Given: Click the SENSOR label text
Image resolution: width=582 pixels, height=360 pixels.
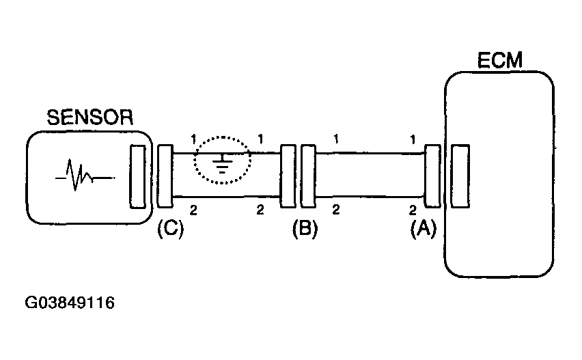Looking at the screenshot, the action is (89, 117).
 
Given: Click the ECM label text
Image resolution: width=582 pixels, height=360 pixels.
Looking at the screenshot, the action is (499, 61).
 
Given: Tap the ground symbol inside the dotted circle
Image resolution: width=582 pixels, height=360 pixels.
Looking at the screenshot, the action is (222, 163).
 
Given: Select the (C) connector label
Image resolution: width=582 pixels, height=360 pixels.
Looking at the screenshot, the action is (170, 229).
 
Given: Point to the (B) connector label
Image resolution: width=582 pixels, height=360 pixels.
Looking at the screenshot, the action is (305, 229).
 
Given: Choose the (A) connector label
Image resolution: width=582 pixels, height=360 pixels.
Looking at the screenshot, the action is (424, 229).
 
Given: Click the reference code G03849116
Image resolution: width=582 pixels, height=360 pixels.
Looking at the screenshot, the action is (70, 303).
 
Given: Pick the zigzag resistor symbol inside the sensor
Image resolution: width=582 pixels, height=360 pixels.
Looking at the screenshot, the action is (85, 175).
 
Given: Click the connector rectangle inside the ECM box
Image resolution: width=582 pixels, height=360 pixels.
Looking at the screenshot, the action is (460, 176).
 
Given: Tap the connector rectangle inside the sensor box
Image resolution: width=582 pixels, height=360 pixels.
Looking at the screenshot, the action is (137, 177).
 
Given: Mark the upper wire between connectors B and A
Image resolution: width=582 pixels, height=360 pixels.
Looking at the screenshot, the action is (370, 153).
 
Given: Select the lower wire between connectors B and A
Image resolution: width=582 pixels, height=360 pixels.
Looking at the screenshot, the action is (370, 197).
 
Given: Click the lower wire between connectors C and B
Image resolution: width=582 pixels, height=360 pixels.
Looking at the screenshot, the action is (226, 197).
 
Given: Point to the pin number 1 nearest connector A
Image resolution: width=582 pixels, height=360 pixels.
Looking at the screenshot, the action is (413, 139).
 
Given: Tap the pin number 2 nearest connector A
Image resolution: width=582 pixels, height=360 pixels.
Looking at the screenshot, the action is (413, 210).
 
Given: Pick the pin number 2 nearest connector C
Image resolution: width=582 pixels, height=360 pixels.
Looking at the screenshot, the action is (193, 210).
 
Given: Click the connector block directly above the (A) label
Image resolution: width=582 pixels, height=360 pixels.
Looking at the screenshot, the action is (432, 176).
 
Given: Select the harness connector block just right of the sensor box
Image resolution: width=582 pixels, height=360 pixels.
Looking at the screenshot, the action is (165, 176).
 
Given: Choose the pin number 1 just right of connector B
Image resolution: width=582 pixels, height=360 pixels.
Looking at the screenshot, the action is (336, 139).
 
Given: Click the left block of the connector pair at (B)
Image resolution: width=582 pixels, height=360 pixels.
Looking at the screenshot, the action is (288, 176).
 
